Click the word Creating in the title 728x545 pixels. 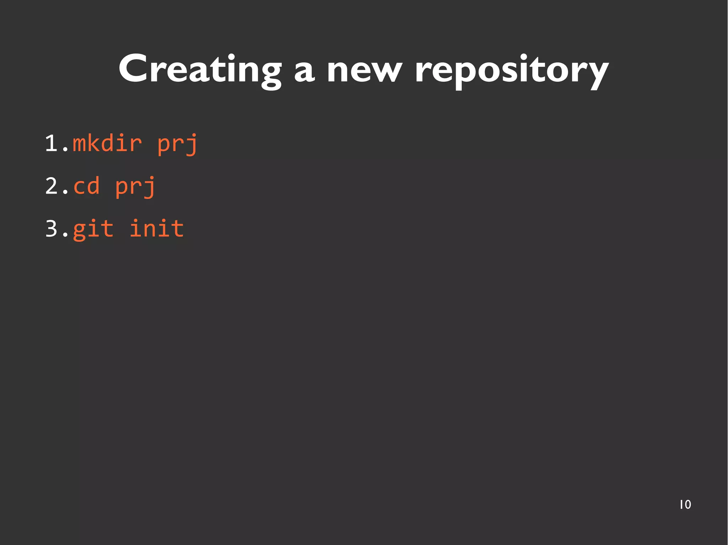point(200,69)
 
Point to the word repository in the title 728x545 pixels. point(512,71)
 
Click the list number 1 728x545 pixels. point(52,144)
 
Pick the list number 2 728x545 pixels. point(52,186)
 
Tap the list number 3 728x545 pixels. point(52,229)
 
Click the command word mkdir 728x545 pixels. point(107,144)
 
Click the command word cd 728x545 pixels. point(86,186)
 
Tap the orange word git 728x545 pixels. point(93,229)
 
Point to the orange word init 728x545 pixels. point(156,228)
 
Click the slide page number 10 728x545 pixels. point(685,505)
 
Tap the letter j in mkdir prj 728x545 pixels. point(191,146)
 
